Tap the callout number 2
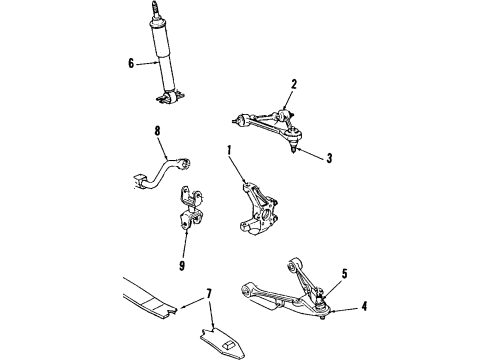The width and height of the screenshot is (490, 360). [294, 84]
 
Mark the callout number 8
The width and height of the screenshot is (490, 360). [157, 130]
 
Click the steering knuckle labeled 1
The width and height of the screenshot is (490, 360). [254, 204]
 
